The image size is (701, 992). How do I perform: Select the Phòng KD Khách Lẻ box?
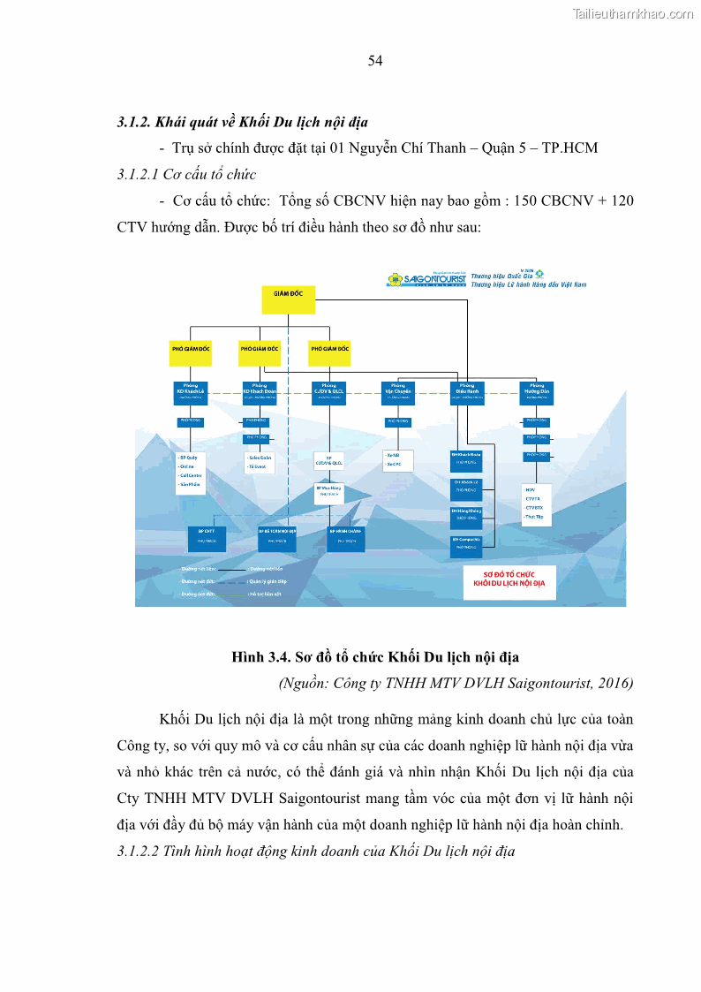click(x=191, y=392)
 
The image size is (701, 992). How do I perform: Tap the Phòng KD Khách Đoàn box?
click(x=260, y=392)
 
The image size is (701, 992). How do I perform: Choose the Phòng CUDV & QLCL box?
click(x=328, y=392)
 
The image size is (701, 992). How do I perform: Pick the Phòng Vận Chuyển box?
click(x=397, y=392)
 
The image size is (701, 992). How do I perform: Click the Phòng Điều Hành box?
click(x=466, y=392)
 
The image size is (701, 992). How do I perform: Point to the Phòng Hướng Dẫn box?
click(x=536, y=392)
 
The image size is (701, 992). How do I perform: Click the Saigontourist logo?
click(x=426, y=280)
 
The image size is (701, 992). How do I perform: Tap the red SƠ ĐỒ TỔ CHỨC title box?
click(x=509, y=582)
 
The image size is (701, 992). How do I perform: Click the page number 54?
click(x=375, y=60)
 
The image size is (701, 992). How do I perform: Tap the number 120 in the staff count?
click(x=622, y=201)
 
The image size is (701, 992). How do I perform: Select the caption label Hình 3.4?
click(x=260, y=657)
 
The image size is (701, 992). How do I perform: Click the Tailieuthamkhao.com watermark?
click(x=633, y=13)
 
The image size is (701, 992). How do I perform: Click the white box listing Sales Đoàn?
click(x=260, y=462)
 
